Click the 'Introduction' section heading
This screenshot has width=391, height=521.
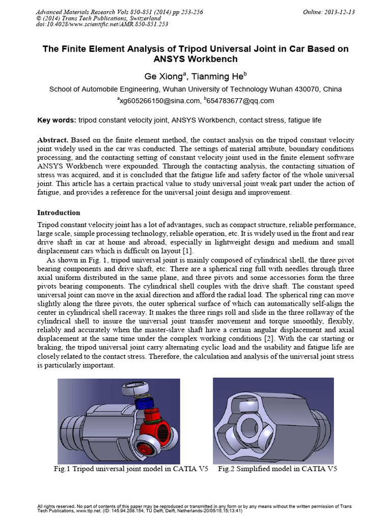(59, 212)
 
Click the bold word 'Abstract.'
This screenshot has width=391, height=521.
(54, 139)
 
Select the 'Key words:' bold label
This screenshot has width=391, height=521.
(57, 120)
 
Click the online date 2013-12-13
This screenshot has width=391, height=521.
(342, 12)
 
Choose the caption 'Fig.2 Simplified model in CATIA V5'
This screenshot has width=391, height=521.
(277, 469)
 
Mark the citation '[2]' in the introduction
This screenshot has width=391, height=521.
(272, 338)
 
